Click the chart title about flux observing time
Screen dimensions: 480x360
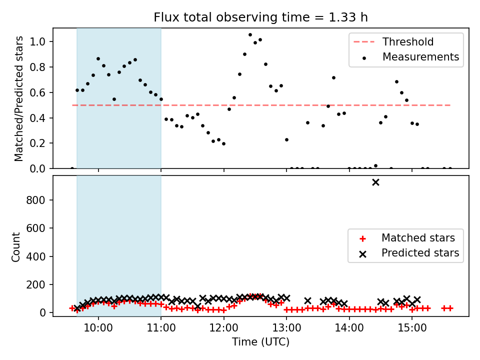point(260,17)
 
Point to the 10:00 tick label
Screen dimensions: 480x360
point(98,328)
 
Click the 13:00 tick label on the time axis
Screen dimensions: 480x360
point(286,328)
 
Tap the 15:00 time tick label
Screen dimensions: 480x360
point(412,328)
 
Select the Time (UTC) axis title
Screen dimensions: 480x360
point(260,342)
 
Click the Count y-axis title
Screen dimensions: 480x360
point(15,246)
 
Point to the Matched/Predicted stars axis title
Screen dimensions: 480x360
point(18,98)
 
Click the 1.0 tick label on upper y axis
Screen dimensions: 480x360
point(37,41)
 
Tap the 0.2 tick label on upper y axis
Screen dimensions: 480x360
point(37,143)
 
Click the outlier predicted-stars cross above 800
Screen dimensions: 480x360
point(375,182)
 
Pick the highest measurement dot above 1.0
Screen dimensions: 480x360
point(250,35)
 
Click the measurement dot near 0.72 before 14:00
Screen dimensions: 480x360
point(333,78)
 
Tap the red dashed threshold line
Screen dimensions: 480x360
point(261,105)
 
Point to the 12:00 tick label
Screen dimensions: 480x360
point(224,328)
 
